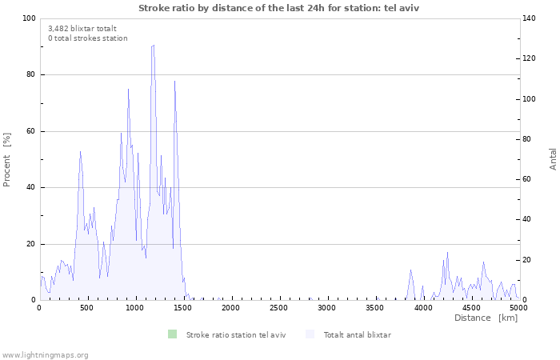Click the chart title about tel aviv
(278, 7)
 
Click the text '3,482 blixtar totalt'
(82, 28)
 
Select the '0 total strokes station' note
(87, 38)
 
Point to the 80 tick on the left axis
(30, 75)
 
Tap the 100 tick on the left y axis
(28, 18)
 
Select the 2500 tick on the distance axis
(278, 308)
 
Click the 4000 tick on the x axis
(422, 308)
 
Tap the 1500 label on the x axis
(182, 308)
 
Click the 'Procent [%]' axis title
(7, 159)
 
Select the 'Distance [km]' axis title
(486, 318)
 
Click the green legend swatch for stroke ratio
(172, 334)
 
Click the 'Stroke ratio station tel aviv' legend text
(235, 334)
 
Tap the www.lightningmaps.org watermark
(45, 354)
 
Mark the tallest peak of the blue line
(153, 46)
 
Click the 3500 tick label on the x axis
(374, 308)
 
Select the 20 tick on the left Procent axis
(30, 244)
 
